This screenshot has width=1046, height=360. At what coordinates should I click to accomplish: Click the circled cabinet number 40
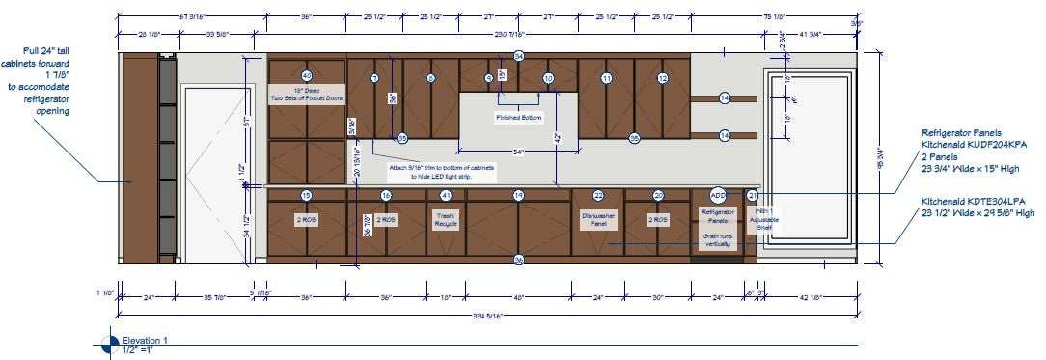tap(307, 75)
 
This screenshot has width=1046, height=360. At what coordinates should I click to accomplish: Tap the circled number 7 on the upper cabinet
tap(374, 78)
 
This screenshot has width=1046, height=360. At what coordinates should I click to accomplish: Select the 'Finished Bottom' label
tap(520, 118)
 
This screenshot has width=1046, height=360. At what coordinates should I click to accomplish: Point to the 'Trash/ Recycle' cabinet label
tap(446, 220)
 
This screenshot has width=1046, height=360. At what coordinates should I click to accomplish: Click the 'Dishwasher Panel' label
tap(598, 221)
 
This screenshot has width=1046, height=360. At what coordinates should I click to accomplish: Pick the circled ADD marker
tap(717, 195)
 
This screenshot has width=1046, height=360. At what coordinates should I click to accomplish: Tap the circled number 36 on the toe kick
tap(519, 260)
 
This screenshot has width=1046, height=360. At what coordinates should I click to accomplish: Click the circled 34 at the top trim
tap(519, 57)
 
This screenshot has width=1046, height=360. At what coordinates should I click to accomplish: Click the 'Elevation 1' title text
tap(145, 340)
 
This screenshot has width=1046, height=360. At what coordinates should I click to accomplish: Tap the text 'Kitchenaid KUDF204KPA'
tap(974, 143)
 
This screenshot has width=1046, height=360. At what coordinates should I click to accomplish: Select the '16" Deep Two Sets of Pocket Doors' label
tap(308, 94)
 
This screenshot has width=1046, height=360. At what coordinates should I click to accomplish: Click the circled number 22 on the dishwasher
tap(598, 195)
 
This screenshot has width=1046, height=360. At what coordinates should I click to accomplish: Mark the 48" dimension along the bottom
tap(518, 297)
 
